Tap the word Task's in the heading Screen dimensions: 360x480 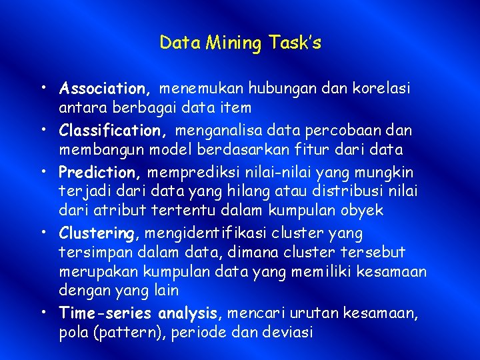(295, 44)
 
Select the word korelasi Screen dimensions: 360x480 (387, 88)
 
